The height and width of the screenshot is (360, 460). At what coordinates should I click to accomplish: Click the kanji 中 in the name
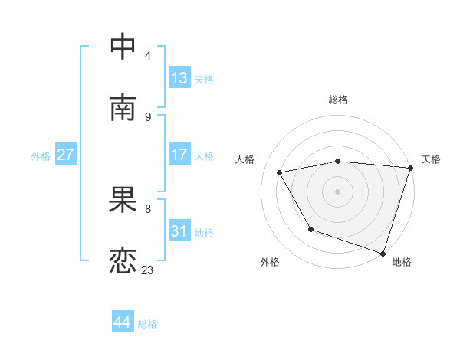click(x=123, y=46)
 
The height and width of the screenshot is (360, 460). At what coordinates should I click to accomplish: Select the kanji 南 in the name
click(x=123, y=107)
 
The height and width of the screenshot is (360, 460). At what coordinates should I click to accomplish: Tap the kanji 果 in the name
click(x=123, y=201)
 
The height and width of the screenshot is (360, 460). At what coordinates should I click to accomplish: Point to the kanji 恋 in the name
click(x=123, y=262)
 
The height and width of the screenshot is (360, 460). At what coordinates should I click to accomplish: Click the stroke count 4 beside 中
click(x=148, y=55)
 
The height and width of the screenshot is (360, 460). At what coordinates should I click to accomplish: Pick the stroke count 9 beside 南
click(x=148, y=116)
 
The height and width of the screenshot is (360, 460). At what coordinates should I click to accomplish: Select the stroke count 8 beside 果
click(x=148, y=208)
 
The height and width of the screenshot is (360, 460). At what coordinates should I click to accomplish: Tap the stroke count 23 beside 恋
click(x=148, y=270)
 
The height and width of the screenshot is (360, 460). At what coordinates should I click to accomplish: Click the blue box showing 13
click(x=179, y=78)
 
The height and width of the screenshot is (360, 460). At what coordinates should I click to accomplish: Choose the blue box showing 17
click(x=179, y=155)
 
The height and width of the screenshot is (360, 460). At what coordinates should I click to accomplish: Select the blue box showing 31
click(x=179, y=231)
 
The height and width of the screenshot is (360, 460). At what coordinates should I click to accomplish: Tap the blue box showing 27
click(x=66, y=155)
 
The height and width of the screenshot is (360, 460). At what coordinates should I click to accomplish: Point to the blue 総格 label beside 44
click(x=148, y=324)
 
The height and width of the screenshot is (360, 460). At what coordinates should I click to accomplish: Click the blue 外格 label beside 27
click(x=41, y=156)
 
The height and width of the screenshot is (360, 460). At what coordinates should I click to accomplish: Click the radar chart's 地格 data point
click(x=383, y=253)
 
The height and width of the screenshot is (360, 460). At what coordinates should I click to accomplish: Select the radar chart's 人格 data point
click(x=280, y=173)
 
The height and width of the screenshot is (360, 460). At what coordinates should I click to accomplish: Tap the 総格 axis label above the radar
click(x=338, y=100)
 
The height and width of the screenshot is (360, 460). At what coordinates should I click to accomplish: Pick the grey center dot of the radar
click(x=338, y=191)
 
